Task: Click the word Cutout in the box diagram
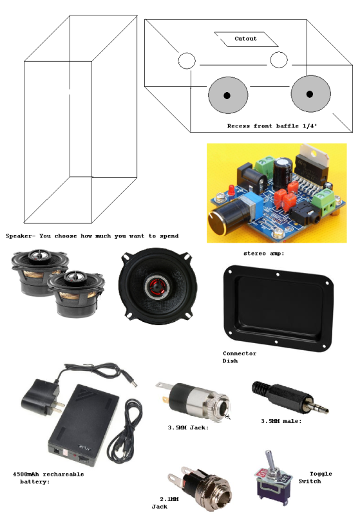click(245, 39)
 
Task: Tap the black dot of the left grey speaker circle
click(227, 95)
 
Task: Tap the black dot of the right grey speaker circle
click(309, 94)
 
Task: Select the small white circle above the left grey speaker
click(187, 61)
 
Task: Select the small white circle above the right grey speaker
click(279, 60)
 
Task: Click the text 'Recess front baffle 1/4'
click(272, 126)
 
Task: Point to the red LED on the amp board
click(231, 189)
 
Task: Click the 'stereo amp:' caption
click(264, 253)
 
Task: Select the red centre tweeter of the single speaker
click(156, 286)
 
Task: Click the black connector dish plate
click(278, 308)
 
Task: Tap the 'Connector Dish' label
click(240, 357)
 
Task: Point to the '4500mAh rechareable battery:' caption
click(48, 478)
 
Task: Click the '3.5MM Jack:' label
click(188, 427)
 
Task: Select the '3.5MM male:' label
click(281, 421)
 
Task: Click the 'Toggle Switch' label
click(316, 477)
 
